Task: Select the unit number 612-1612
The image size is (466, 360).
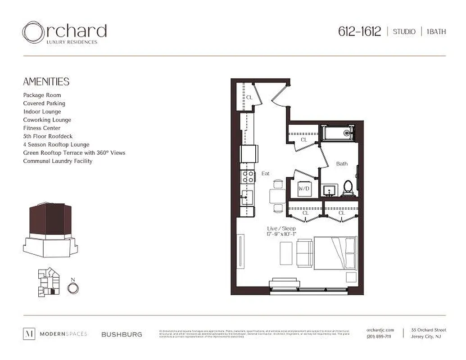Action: (x=359, y=31)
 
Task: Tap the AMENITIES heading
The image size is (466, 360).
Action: (x=46, y=81)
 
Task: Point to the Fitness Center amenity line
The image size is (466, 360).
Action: (x=42, y=128)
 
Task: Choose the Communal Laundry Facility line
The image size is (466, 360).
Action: (x=58, y=161)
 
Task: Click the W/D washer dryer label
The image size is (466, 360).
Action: (x=304, y=189)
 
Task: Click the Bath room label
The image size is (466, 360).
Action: (x=342, y=164)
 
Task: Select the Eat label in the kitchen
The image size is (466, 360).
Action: (x=266, y=173)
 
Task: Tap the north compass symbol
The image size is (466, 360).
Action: (x=73, y=286)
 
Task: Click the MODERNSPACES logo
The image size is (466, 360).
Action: (x=55, y=334)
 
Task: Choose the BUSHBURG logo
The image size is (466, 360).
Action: (x=122, y=334)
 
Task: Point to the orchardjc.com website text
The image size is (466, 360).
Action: (x=380, y=330)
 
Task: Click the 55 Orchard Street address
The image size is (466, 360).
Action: (x=428, y=330)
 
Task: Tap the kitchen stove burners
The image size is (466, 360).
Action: (x=247, y=176)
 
